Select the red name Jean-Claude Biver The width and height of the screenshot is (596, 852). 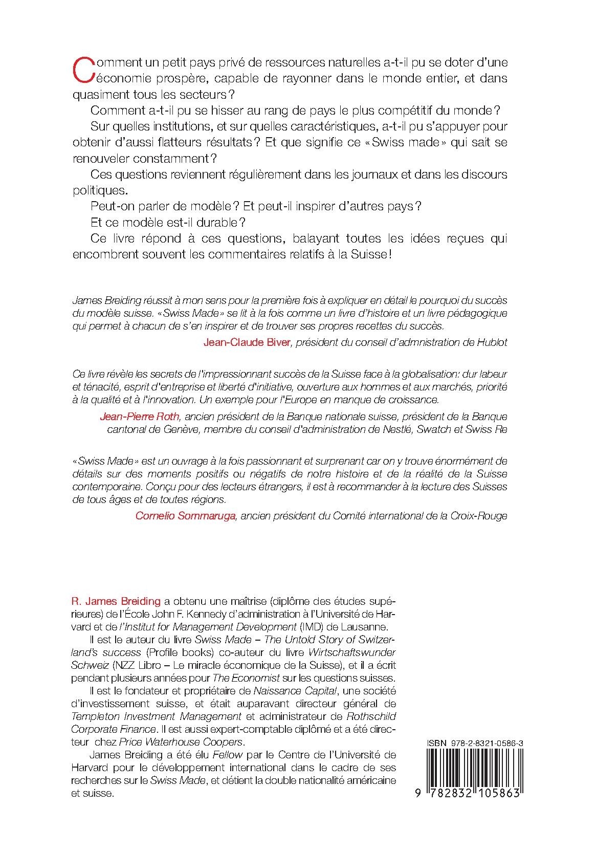click(x=247, y=342)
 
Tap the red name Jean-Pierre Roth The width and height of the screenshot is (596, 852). click(x=137, y=416)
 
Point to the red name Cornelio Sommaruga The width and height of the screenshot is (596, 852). click(x=185, y=516)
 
